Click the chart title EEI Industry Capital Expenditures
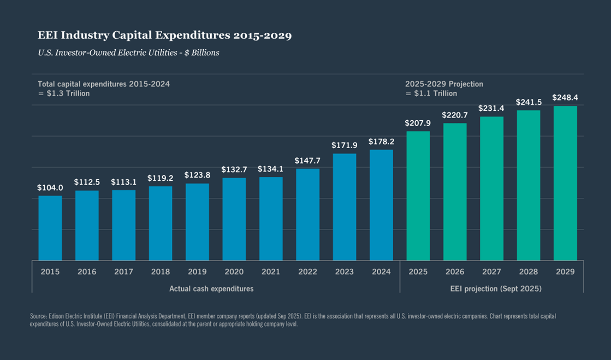[164, 36]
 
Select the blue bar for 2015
[50, 228]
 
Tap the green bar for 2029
[565, 183]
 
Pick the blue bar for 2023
[345, 207]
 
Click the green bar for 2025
[418, 196]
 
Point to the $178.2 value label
[381, 141]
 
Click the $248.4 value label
[565, 98]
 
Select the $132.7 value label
[234, 170]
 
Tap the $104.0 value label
[50, 187]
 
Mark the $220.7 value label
[455, 115]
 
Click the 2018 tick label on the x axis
[161, 272]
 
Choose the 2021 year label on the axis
[271, 272]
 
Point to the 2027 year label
[491, 272]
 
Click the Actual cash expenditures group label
[211, 288]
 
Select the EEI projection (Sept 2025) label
[491, 288]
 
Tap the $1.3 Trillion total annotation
[64, 93]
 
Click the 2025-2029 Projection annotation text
[444, 84]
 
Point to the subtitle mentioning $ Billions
[128, 53]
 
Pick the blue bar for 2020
[234, 219]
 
